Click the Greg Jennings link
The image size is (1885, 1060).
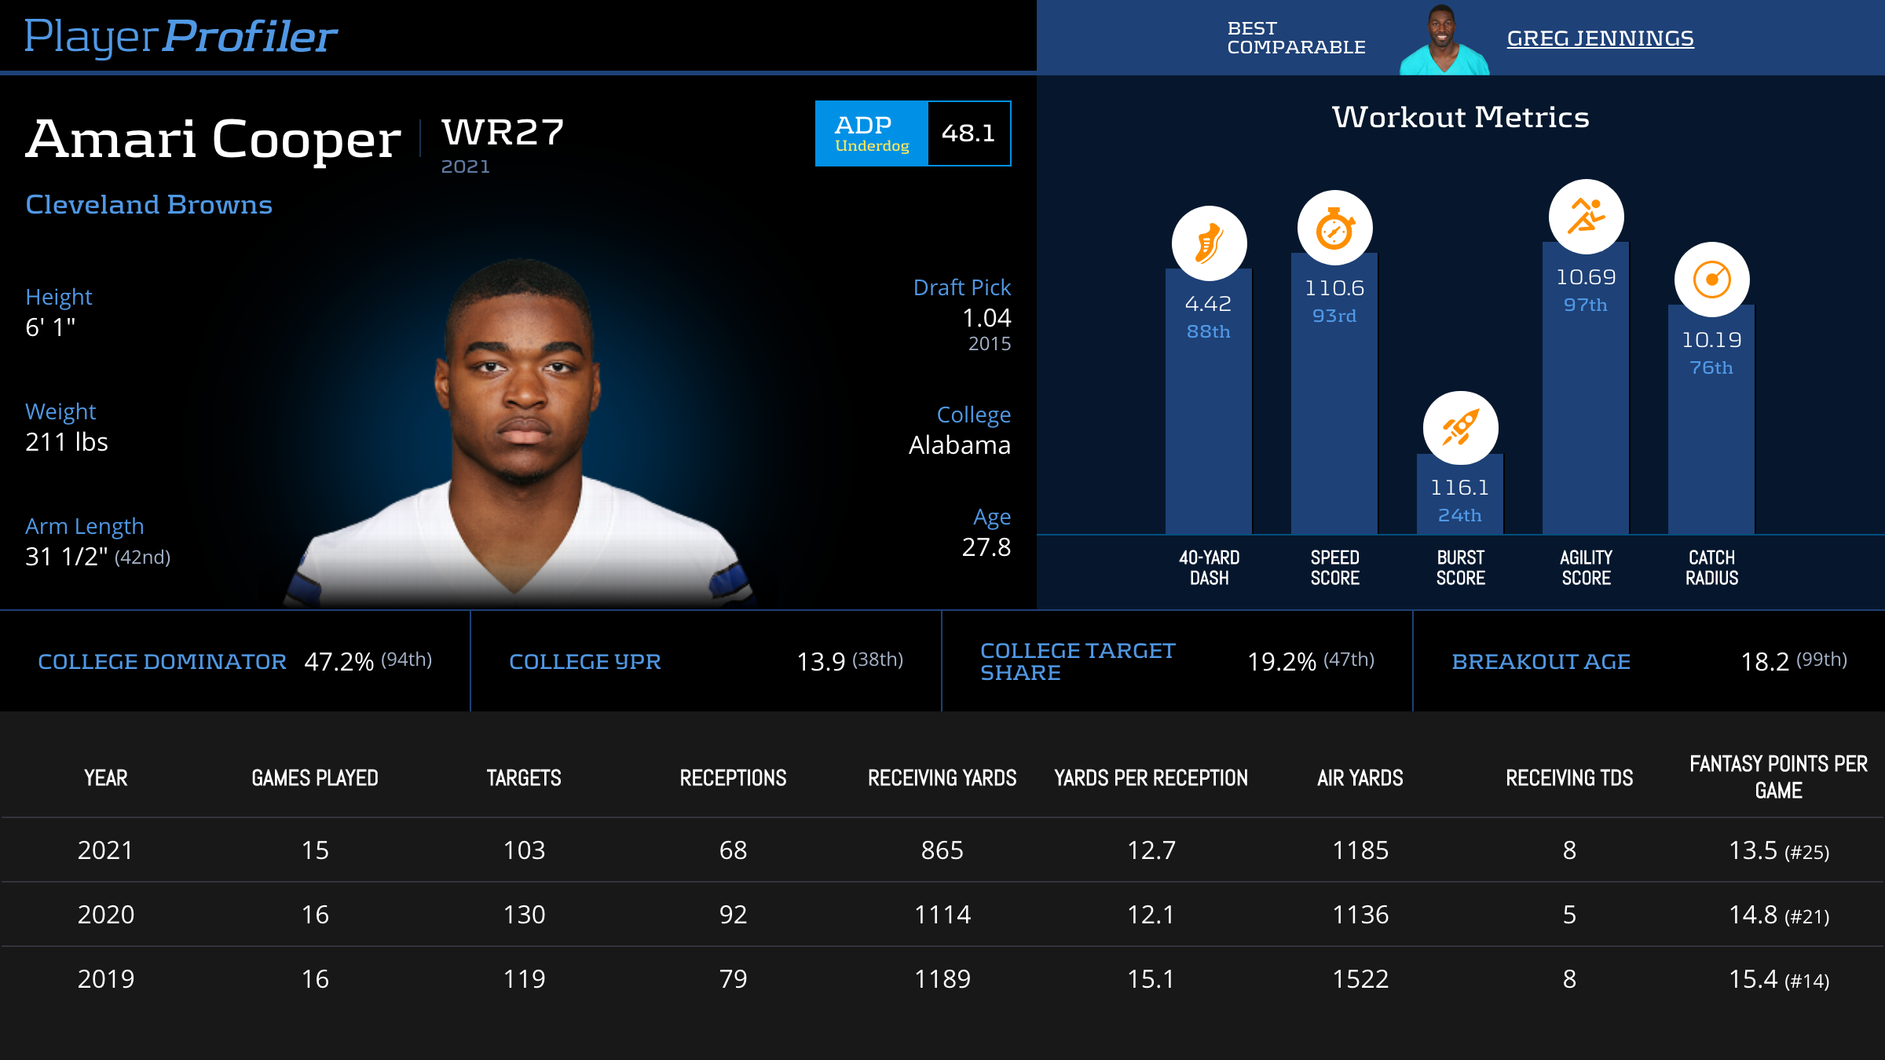tap(1600, 38)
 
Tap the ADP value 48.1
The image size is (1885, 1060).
tap(968, 133)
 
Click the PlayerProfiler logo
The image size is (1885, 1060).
tap(181, 36)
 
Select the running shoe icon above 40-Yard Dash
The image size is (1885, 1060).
tap(1209, 243)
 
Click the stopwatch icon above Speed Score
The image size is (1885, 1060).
tap(1334, 228)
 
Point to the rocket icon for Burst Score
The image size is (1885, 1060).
tap(1460, 429)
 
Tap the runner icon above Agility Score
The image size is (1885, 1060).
tap(1586, 217)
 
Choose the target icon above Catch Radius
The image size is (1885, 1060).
tap(1711, 280)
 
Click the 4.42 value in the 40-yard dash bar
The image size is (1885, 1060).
tap(1208, 304)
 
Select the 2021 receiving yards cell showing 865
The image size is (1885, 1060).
tap(942, 850)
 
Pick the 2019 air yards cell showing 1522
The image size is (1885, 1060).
tap(1360, 979)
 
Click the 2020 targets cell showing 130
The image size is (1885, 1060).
tap(524, 915)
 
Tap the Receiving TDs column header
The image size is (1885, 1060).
tap(1569, 778)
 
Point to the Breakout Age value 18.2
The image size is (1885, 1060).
tap(1765, 662)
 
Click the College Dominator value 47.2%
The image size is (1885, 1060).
tap(339, 662)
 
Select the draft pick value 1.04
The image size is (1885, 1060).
tap(986, 318)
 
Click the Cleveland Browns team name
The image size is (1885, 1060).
tap(148, 205)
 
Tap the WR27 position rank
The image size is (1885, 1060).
tap(503, 133)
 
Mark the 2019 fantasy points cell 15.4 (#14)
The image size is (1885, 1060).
tap(1778, 979)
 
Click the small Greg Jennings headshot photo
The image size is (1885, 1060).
tap(1444, 41)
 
